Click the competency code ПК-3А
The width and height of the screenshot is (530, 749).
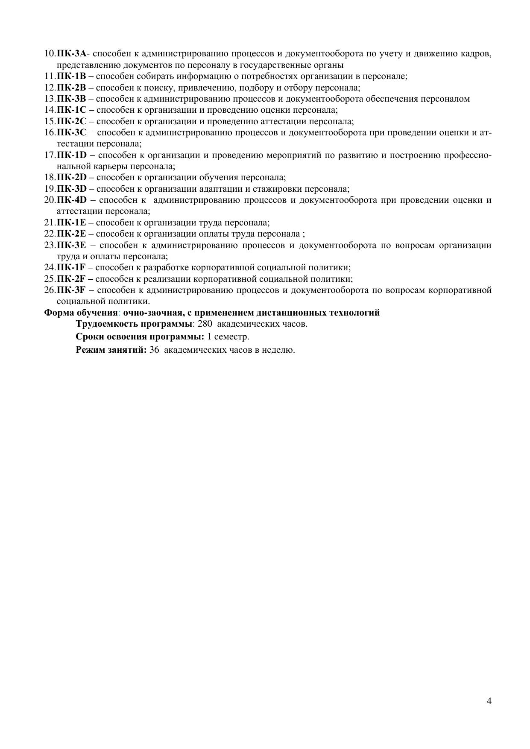click(x=71, y=54)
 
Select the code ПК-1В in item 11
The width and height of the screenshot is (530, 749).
click(x=71, y=76)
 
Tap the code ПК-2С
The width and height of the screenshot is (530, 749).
click(x=71, y=121)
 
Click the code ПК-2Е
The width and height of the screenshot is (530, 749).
click(x=71, y=234)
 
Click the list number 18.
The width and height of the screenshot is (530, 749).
click(x=50, y=178)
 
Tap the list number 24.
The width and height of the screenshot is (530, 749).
click(x=50, y=268)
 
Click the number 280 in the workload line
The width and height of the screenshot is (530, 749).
click(x=205, y=324)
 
